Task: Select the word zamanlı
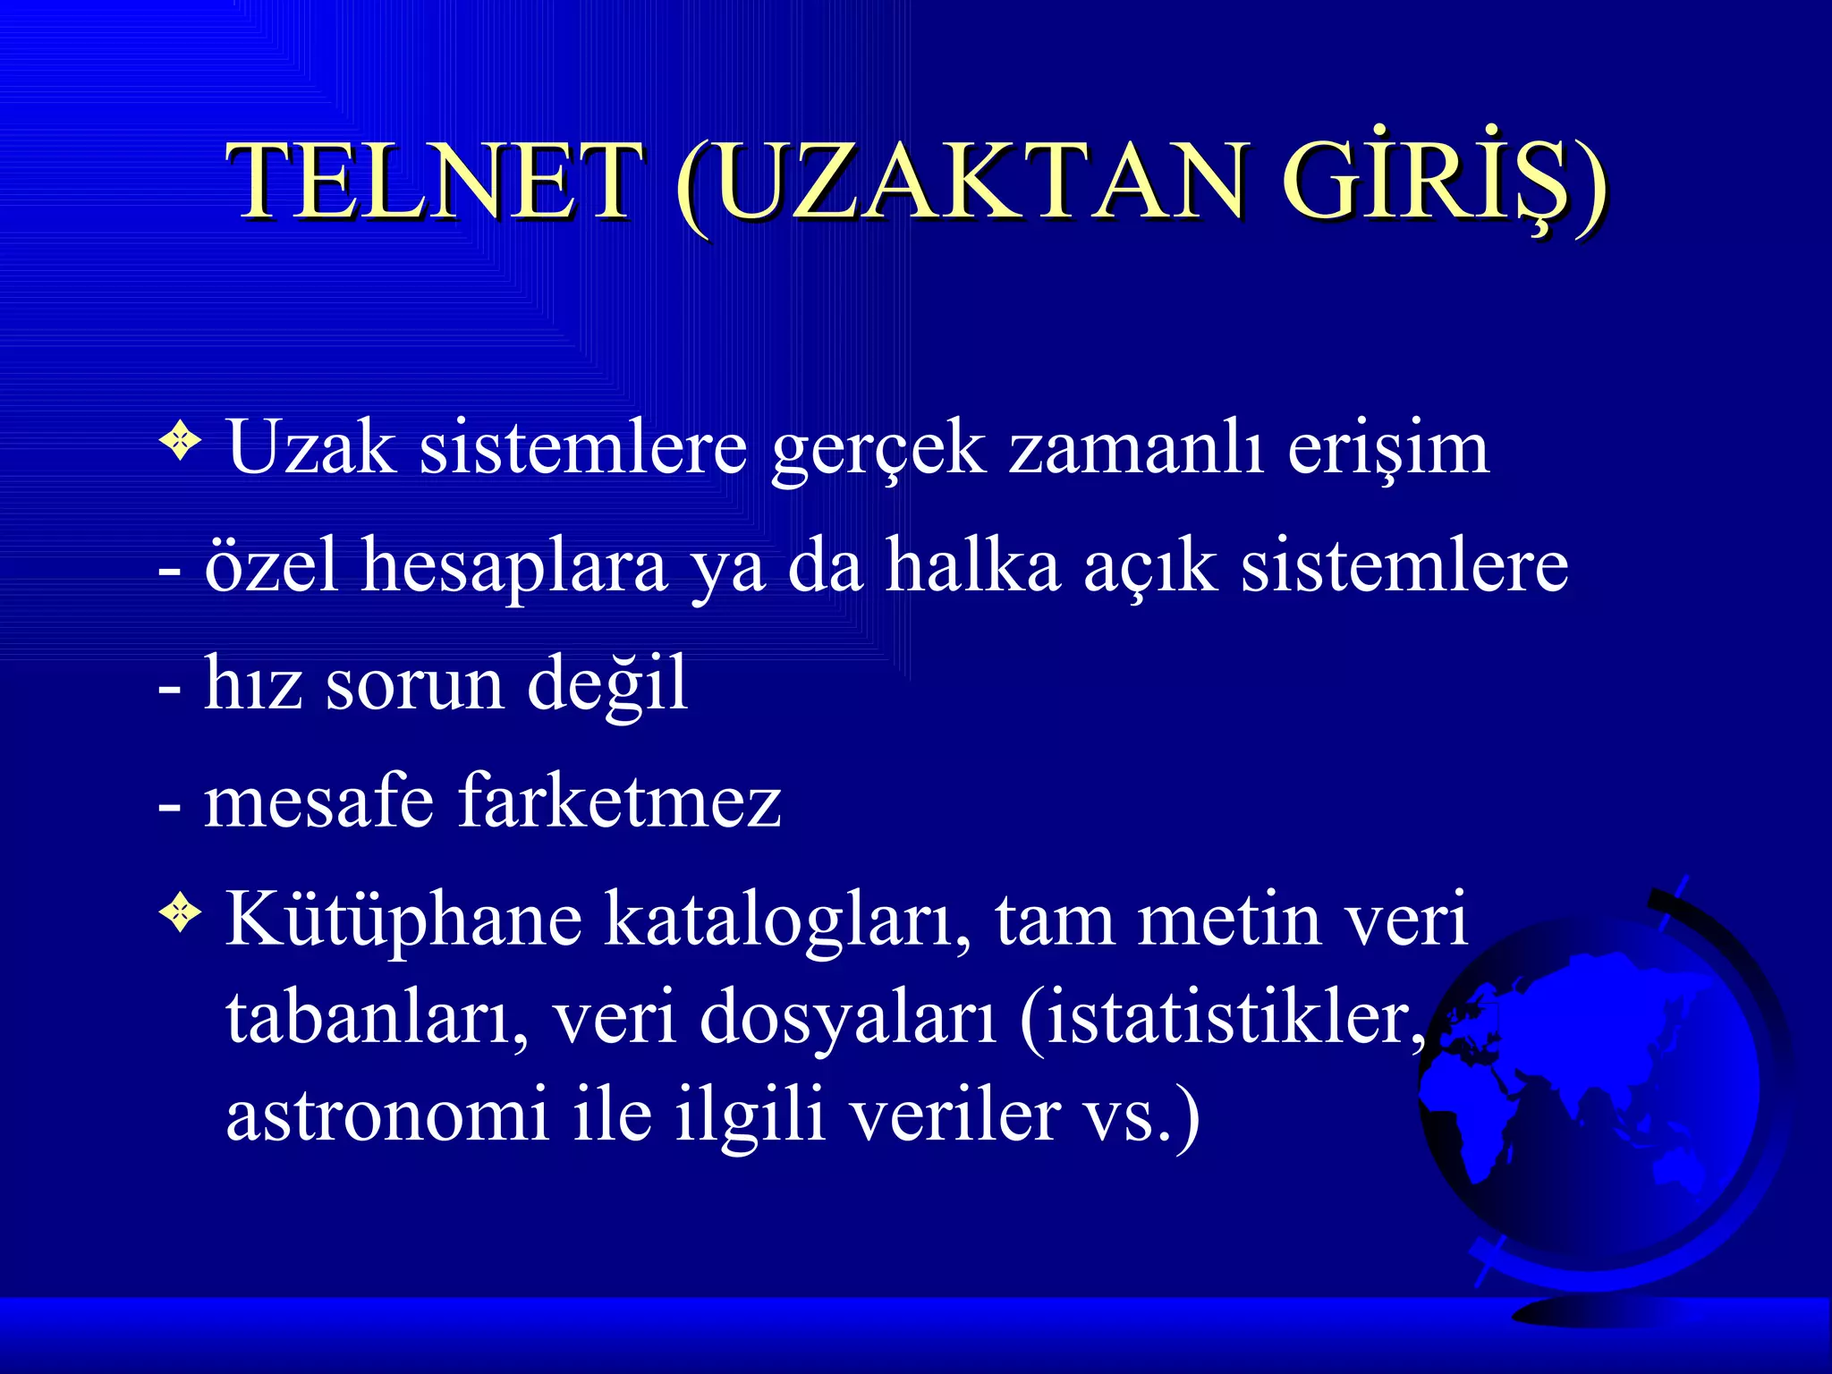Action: click(x=1136, y=447)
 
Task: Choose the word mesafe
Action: click(x=319, y=801)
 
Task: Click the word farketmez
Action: click(x=620, y=801)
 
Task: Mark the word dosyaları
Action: click(x=847, y=1020)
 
